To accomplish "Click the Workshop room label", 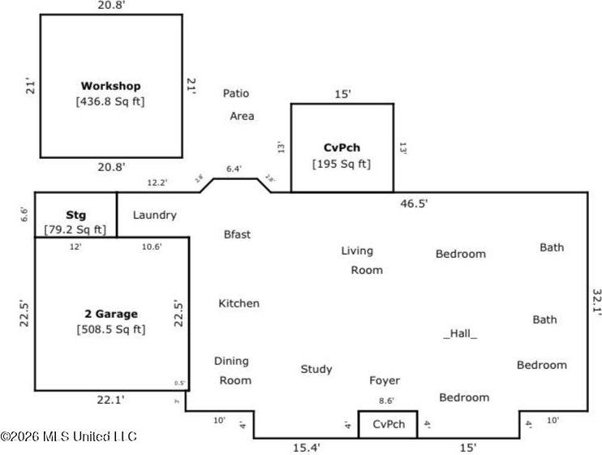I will [110, 85].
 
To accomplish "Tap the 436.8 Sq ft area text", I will [110, 101].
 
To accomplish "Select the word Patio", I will [236, 93].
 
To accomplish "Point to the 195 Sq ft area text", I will [342, 163].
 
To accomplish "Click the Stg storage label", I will [75, 216].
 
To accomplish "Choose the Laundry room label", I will [154, 215].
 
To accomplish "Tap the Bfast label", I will [237, 234].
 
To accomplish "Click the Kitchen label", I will [239, 303].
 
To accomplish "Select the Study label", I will [316, 369].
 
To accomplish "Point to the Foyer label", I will [385, 380].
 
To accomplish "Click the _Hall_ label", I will [460, 333].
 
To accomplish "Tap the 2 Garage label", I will [111, 313].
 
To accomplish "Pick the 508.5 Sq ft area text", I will [111, 329].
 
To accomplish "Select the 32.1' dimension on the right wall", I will [596, 300].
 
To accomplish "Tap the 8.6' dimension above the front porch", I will [387, 401].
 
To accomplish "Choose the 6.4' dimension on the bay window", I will [234, 169].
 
